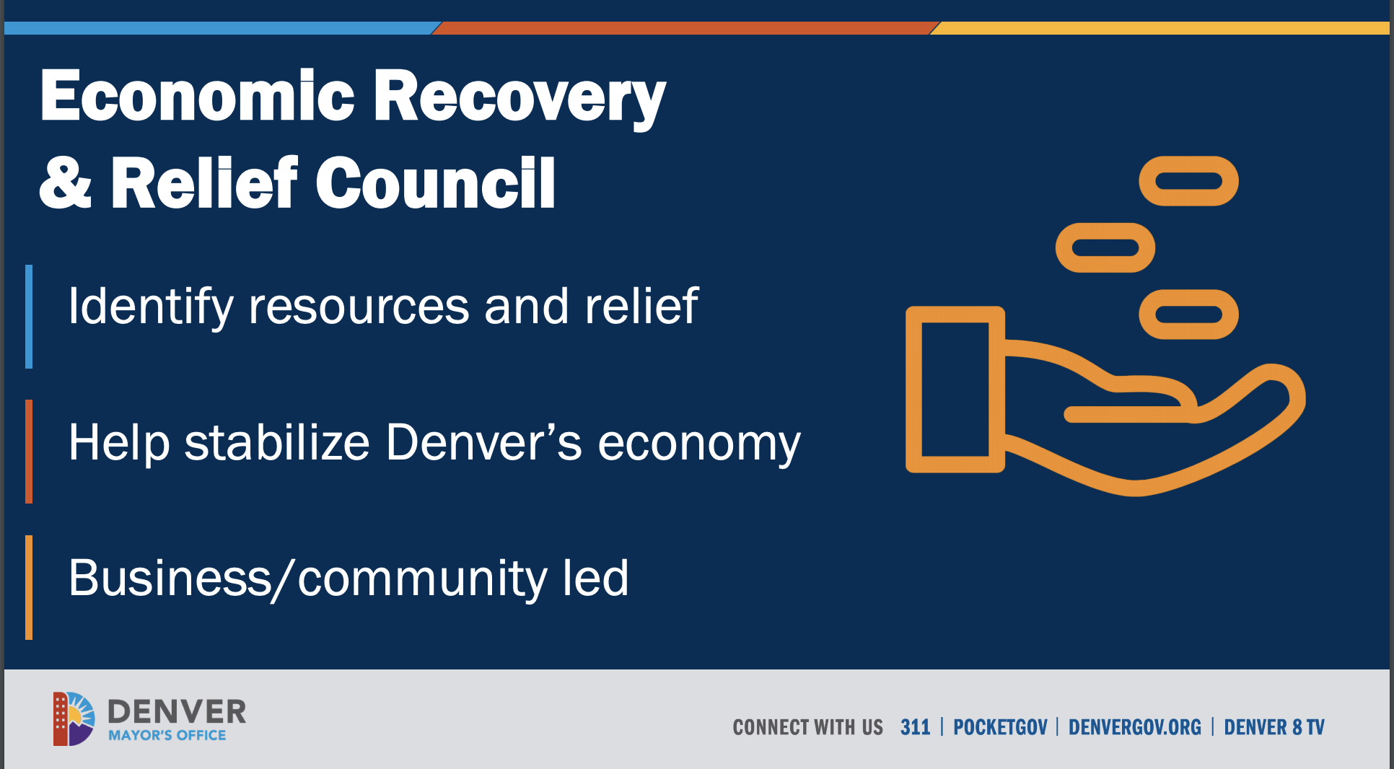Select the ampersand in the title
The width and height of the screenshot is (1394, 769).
[x=66, y=183]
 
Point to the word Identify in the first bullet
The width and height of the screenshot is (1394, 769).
[x=151, y=307]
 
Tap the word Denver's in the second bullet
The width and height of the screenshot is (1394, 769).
[x=483, y=441]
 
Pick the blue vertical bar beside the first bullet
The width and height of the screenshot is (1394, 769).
[x=29, y=317]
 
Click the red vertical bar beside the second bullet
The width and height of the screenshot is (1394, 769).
[x=29, y=452]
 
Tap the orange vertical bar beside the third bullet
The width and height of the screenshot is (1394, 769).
[x=29, y=587]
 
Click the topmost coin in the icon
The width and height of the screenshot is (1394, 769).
[x=1188, y=164]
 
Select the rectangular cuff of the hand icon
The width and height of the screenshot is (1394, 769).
[x=914, y=390]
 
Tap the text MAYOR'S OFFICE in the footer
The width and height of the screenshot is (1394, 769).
[x=167, y=735]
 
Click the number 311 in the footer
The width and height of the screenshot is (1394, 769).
[x=915, y=727]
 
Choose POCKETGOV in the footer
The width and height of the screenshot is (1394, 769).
[x=1000, y=727]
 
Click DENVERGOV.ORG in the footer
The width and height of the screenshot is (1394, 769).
[x=1135, y=727]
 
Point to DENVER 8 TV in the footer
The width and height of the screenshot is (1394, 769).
[x=1274, y=727]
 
